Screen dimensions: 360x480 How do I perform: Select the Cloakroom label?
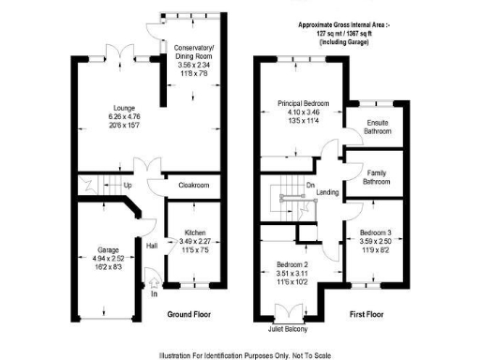pyautogui.click(x=192, y=186)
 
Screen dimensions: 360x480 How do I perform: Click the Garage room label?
pyautogui.click(x=110, y=250)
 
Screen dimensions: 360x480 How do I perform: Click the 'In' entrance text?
pyautogui.click(x=154, y=294)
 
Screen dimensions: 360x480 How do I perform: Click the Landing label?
pyautogui.click(x=328, y=193)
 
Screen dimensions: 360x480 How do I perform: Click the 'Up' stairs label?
pyautogui.click(x=128, y=186)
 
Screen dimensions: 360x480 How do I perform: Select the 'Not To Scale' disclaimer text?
pyautogui.click(x=321, y=353)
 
